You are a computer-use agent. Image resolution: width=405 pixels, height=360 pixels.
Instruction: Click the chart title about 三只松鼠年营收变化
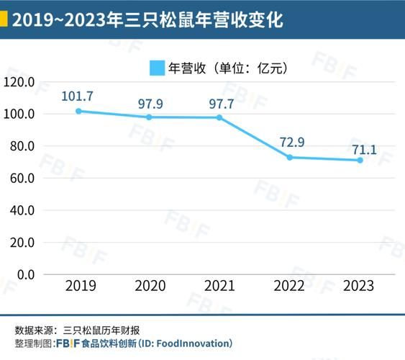pos(147,20)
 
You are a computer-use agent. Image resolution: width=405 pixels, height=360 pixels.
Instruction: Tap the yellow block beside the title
pos(4,20)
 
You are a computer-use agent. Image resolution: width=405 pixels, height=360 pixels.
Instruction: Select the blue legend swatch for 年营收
pos(156,68)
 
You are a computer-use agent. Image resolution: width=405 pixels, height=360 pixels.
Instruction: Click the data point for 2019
pos(78,111)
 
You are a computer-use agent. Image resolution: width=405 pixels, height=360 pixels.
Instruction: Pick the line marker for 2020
pos(149,117)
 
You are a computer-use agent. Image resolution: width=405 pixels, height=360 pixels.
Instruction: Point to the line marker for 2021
pos(219,117)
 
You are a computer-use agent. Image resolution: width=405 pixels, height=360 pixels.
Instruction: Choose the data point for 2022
pos(290,157)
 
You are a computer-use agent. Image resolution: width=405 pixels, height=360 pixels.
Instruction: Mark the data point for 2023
pos(360,160)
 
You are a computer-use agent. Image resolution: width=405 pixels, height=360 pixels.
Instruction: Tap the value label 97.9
pos(149,104)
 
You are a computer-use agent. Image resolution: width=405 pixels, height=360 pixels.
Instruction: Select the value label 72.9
pos(290,141)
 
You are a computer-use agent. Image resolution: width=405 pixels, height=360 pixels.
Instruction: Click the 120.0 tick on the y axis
pos(19,82)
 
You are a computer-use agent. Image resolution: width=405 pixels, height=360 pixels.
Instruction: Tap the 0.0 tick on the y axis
pos(25,274)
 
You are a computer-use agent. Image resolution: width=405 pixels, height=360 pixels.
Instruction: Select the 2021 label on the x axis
pos(219,286)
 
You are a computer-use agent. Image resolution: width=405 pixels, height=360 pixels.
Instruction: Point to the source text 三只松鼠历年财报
pos(107,330)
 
